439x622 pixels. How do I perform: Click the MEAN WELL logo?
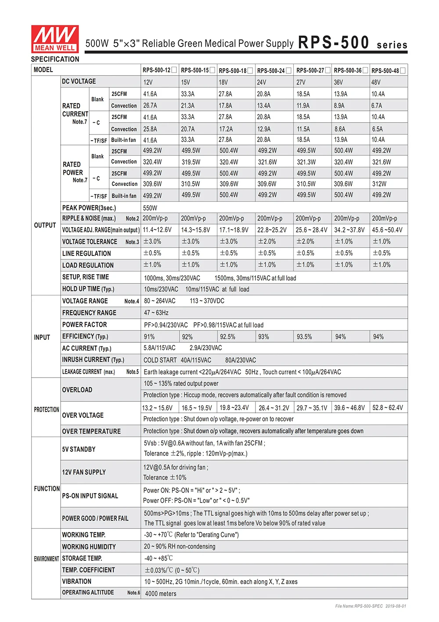coord(55,39)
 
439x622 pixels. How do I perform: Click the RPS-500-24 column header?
coord(271,70)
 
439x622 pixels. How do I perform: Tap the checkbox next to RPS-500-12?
coord(174,70)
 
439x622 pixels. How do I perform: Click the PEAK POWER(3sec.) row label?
coord(89,208)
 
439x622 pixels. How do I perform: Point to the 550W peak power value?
coord(150,208)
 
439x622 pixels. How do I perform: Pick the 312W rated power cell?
coord(379,184)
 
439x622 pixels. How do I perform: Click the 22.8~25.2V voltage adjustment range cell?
coord(272,230)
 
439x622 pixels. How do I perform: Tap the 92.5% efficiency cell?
coord(227,337)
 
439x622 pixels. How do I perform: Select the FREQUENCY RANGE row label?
coord(89,313)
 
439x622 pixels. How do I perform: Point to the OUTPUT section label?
coord(45,225)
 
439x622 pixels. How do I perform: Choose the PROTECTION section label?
coord(47,410)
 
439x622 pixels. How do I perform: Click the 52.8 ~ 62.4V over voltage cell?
coord(388,408)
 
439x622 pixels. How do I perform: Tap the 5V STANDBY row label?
coord(79,449)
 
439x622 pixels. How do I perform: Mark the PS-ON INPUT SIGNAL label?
coord(90,496)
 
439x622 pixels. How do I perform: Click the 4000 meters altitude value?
coord(161,593)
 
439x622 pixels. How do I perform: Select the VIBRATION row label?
coord(77,581)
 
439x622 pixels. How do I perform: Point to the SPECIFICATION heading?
coord(55,59)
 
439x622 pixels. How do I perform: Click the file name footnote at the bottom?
coord(371,606)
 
